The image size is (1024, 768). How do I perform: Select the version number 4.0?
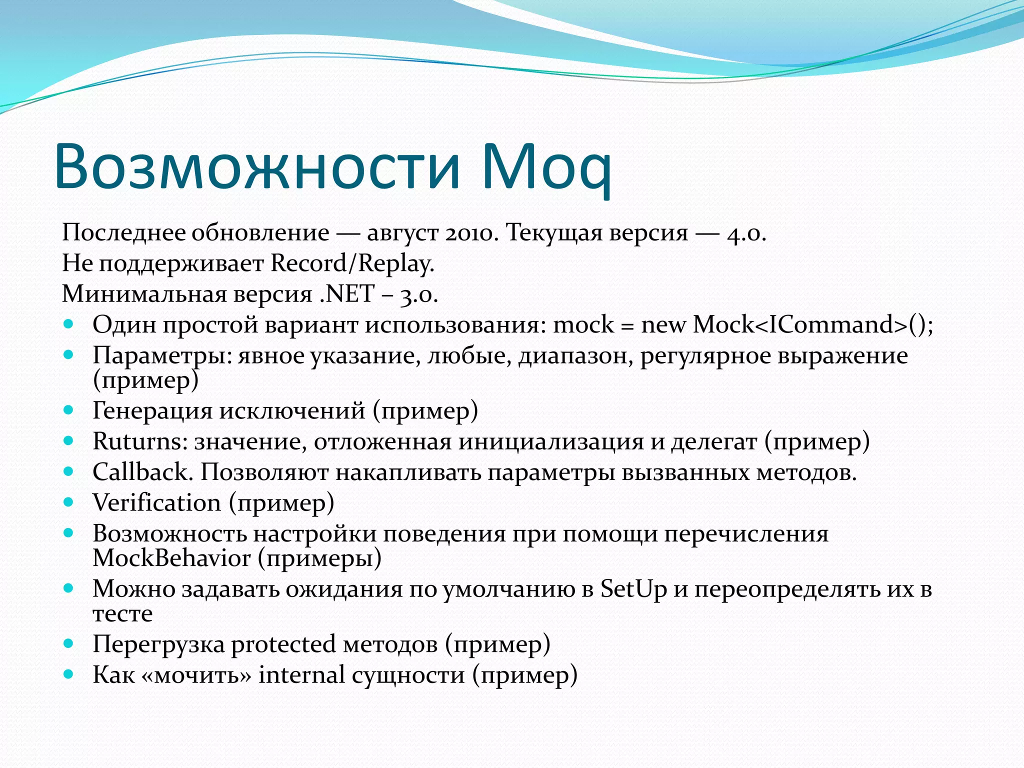pos(746,233)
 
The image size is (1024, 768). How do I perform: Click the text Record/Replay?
pos(352,263)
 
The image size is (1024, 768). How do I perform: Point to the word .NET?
pos(346,293)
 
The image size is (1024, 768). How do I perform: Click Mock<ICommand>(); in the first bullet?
pos(813,324)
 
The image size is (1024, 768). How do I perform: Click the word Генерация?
pos(152,411)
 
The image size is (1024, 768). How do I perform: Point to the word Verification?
pos(156,503)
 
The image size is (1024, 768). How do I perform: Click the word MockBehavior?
pos(171,558)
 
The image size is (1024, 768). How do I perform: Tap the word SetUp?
pos(633,589)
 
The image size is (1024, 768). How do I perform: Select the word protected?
pos(283,644)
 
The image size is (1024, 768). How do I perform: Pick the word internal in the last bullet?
pos(301,675)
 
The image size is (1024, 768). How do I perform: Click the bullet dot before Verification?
pos(68,502)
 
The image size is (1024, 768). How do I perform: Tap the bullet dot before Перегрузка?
pos(68,643)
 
